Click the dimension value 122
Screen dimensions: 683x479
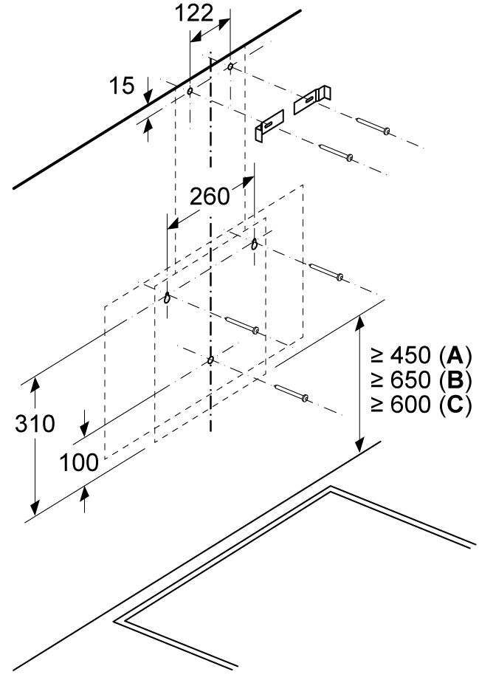pyautogui.click(x=196, y=13)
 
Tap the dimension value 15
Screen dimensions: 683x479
pyautogui.click(x=123, y=86)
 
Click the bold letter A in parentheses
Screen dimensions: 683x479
pyautogui.click(x=453, y=357)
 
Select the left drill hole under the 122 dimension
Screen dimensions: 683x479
pyautogui.click(x=190, y=92)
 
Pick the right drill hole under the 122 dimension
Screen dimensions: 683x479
pyautogui.click(x=231, y=67)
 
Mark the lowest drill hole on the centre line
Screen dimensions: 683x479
pyautogui.click(x=211, y=360)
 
